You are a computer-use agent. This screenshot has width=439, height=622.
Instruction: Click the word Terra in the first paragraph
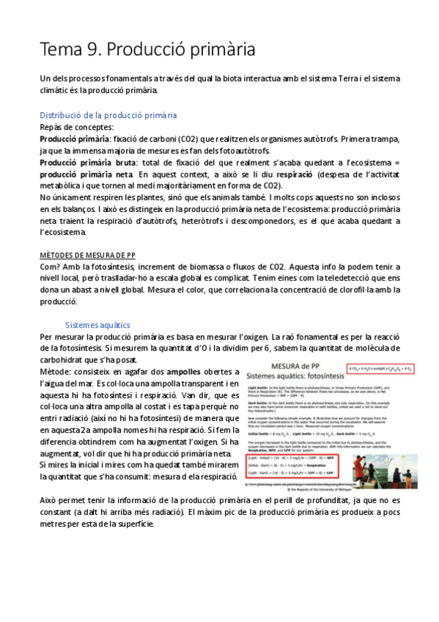click(x=351, y=78)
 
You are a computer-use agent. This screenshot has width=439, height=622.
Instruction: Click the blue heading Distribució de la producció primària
click(x=108, y=115)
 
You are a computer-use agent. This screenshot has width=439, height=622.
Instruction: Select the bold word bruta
click(x=122, y=162)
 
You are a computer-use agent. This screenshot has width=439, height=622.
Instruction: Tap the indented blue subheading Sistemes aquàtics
click(x=97, y=324)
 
